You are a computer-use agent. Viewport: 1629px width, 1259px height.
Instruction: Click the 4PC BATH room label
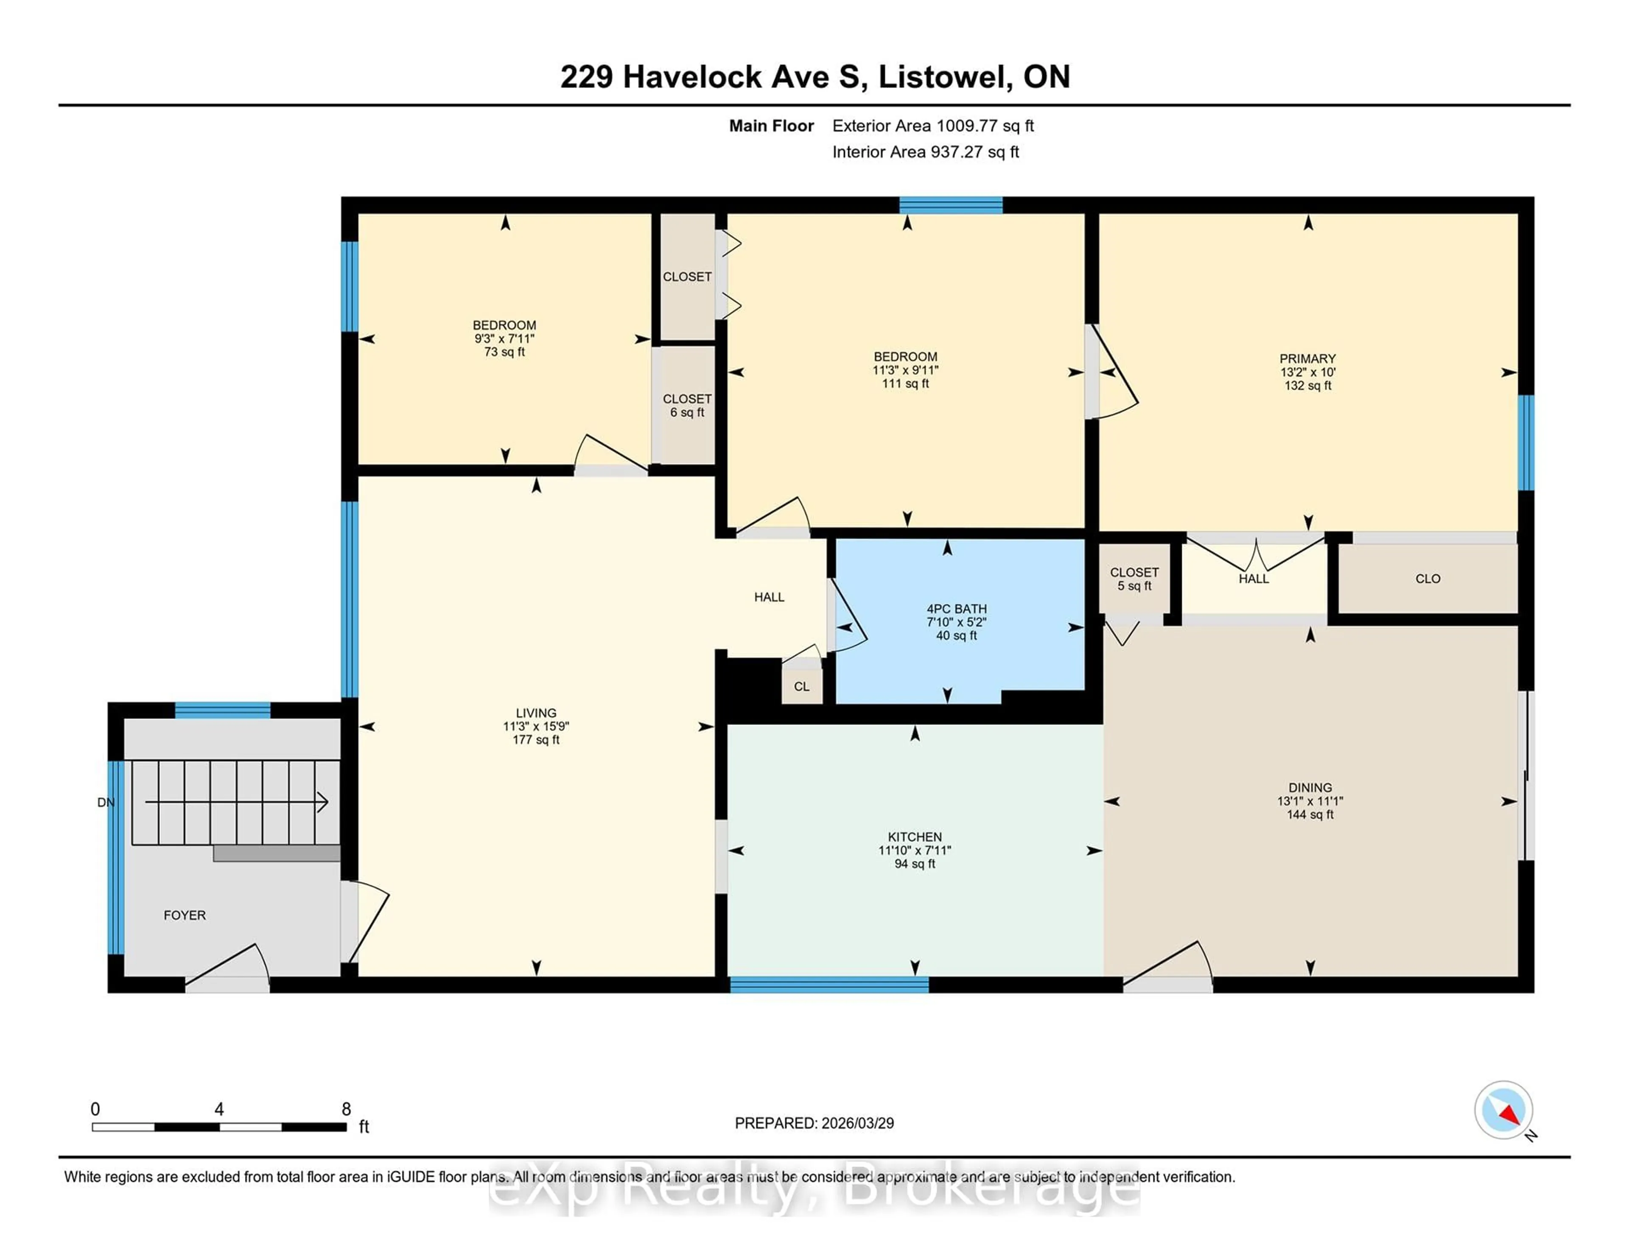click(956, 609)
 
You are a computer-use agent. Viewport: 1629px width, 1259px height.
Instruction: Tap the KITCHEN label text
click(915, 837)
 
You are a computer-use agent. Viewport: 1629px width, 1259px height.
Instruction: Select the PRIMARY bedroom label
click(1307, 359)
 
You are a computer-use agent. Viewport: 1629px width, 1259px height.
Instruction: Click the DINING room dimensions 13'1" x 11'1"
click(1310, 801)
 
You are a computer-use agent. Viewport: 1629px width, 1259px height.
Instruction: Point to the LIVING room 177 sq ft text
click(535, 740)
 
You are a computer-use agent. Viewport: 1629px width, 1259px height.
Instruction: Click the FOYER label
click(184, 915)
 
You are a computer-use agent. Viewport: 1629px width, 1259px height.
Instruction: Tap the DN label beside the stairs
click(106, 803)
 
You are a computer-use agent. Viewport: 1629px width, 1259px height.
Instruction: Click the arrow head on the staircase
click(323, 803)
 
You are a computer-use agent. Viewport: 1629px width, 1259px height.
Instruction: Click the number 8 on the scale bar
click(346, 1109)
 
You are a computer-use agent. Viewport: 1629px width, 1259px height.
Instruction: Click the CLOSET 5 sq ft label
click(1134, 579)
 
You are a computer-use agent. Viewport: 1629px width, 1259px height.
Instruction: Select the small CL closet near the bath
click(801, 686)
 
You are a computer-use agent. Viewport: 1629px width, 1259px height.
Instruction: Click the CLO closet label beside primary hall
click(1427, 579)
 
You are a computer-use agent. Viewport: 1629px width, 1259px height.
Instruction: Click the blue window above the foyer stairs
click(222, 710)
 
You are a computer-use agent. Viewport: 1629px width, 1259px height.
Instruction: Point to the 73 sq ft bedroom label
click(504, 352)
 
